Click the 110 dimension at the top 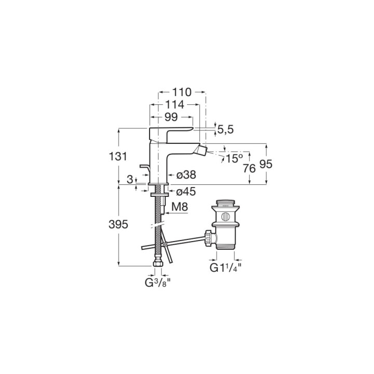(182, 92)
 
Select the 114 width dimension (175, 104)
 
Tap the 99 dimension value (171, 117)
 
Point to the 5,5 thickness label (225, 130)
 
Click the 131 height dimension (118, 157)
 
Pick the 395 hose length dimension (118, 224)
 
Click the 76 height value (249, 169)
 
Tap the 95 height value (266, 164)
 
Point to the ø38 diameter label (186, 175)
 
